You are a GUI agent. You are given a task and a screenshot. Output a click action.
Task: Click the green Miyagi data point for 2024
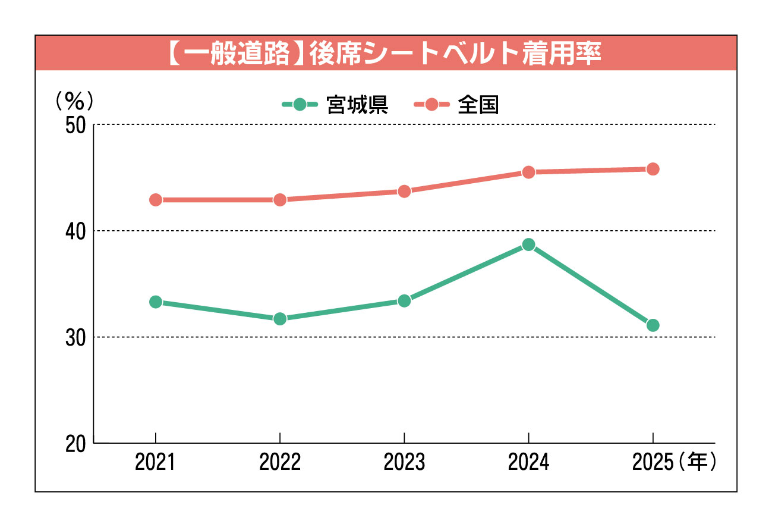coord(528,244)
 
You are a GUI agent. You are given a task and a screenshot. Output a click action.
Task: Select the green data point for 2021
coord(156,302)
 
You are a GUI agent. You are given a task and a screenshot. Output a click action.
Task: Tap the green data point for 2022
coord(280,319)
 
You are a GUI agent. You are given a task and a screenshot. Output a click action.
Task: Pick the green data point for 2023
coord(404,301)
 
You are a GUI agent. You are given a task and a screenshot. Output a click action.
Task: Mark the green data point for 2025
coord(653,325)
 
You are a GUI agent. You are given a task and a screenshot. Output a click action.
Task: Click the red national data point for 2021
coord(156,200)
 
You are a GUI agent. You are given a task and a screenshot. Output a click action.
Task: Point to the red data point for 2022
coord(280,200)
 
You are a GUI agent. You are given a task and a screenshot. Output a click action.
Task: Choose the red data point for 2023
coord(404,191)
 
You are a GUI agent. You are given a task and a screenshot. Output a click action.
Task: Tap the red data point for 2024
coord(528,172)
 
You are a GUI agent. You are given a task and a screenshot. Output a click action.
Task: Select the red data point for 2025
coord(653,169)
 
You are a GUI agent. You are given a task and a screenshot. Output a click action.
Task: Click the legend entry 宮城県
coord(336,105)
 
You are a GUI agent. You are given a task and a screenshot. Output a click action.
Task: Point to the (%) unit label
coord(74,101)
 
